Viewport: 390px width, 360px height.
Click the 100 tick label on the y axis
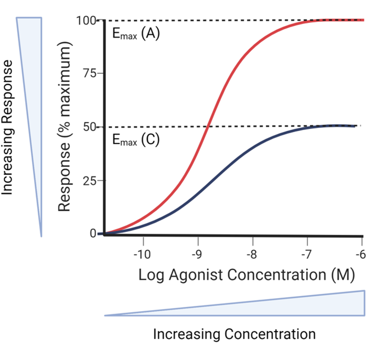86,21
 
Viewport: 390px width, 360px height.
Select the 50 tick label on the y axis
89,127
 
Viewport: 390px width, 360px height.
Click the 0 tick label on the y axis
93,234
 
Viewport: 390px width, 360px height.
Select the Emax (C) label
135,141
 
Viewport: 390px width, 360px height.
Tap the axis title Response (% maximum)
65,128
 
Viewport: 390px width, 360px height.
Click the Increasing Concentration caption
234,334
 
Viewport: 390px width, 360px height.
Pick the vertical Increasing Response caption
9,127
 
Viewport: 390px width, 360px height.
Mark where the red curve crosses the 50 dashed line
208,126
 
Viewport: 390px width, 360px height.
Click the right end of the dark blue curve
356,126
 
